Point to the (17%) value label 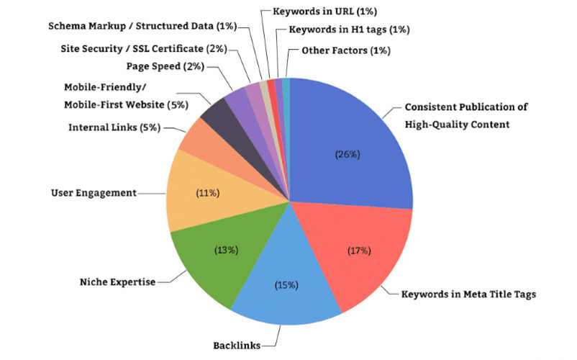(x=358, y=251)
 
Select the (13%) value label (x=227, y=250)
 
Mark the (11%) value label (x=209, y=193)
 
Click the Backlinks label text (x=236, y=345)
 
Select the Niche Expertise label (x=117, y=282)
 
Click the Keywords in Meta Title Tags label (x=468, y=294)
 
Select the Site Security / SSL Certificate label (x=142, y=48)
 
